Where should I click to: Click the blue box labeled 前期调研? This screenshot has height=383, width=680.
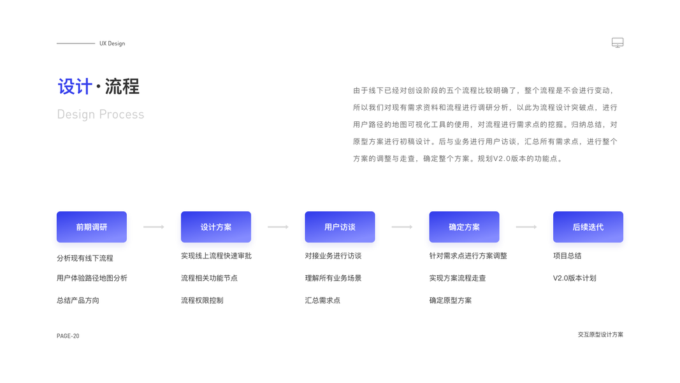91,227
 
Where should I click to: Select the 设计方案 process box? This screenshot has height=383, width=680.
215,227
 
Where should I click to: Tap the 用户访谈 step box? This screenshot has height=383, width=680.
340,227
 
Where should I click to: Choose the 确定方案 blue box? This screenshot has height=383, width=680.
464,227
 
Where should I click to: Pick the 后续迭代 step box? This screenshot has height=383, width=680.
588,227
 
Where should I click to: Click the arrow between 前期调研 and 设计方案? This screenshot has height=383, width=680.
154,227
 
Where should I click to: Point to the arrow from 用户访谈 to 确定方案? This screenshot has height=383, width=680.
401,227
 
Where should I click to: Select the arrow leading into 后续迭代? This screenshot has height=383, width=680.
526,227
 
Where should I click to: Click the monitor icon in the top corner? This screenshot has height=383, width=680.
617,43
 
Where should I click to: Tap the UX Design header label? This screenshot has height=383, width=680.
112,43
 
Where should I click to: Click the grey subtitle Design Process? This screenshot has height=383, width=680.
101,114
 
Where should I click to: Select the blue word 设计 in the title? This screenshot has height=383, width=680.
75,86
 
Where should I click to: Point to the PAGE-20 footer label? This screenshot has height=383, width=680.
68,336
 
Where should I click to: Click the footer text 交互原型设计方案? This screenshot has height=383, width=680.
600,334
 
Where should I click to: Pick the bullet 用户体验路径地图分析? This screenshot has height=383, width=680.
92,278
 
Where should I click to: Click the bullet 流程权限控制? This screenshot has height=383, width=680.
202,301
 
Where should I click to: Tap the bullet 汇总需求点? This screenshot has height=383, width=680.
322,301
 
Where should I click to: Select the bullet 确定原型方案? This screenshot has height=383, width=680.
451,301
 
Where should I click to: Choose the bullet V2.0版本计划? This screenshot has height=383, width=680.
574,278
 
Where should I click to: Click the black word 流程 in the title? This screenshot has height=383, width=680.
122,86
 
